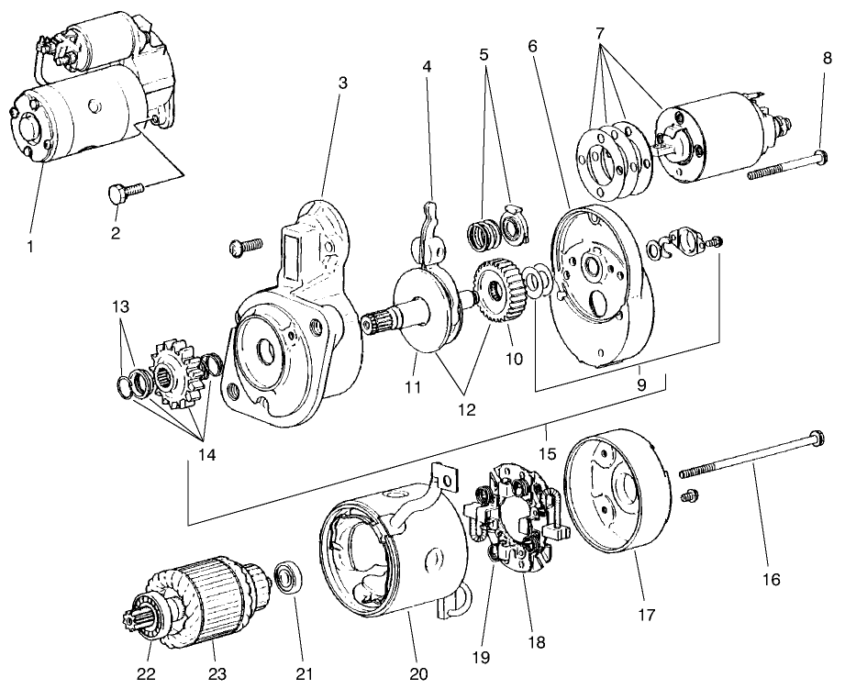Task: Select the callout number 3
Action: click(342, 83)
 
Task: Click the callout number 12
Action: click(467, 410)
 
